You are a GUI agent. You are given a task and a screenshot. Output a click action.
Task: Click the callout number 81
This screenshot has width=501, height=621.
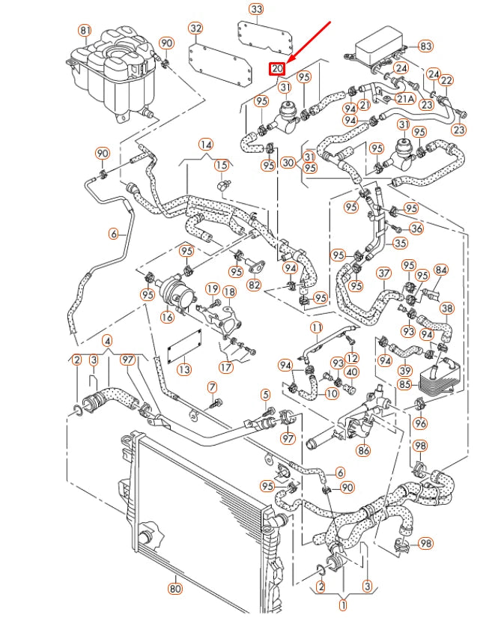click(x=85, y=30)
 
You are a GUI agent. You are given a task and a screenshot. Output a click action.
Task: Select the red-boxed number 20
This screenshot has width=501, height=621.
click(x=278, y=69)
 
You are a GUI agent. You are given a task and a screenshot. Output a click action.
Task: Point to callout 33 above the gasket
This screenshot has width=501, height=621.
click(x=257, y=9)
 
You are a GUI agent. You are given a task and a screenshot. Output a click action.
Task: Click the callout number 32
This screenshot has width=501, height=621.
click(x=195, y=28)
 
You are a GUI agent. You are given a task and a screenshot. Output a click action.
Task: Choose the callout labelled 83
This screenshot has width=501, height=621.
click(x=425, y=46)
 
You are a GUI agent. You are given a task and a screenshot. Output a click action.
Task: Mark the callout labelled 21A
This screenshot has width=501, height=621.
click(x=405, y=98)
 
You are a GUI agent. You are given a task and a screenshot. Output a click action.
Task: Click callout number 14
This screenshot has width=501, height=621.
click(x=205, y=144)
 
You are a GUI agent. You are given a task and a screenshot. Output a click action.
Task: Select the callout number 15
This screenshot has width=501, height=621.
click(x=222, y=164)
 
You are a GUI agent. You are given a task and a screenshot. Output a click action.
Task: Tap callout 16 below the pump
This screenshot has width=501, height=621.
click(x=166, y=317)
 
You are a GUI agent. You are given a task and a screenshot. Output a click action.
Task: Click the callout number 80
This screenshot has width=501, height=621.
click(x=174, y=588)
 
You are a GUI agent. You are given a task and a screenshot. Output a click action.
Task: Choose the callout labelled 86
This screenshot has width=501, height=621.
click(x=364, y=451)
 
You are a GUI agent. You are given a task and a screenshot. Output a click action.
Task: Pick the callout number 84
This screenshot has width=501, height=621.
click(x=441, y=270)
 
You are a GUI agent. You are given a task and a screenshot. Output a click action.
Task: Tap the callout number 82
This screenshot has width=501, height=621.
click(x=254, y=285)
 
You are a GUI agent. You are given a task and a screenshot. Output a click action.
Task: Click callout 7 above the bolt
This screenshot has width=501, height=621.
click(x=212, y=387)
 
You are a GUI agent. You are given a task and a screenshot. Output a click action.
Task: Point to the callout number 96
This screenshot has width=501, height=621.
click(x=420, y=423)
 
